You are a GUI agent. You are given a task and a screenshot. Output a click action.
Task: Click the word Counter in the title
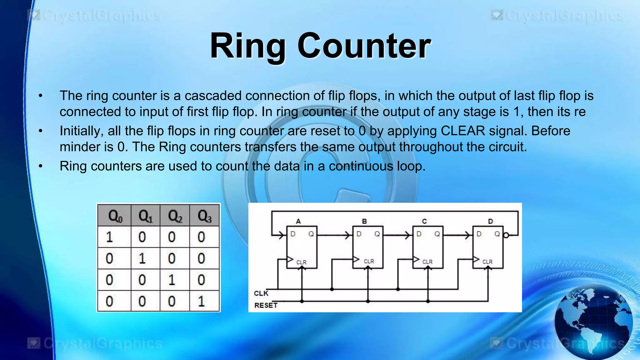tap(364, 46)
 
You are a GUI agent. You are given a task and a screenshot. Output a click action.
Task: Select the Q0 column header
tap(115, 216)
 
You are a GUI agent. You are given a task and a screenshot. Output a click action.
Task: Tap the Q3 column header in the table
tap(204, 216)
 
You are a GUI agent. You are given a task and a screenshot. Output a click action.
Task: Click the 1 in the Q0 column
tap(109, 237)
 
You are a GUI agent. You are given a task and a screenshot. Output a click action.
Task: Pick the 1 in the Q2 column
tap(172, 280)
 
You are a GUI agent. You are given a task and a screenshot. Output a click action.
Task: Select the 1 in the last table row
tap(201, 301)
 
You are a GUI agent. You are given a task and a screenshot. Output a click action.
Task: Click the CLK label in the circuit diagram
tap(261, 293)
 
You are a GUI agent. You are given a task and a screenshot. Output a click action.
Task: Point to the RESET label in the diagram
tap(266, 305)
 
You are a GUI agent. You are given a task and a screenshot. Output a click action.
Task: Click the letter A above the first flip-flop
tap(298, 221)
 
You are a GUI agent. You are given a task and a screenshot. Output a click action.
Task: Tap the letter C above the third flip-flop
tap(424, 221)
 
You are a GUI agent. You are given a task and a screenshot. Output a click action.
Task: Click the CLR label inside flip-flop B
tap(369, 261)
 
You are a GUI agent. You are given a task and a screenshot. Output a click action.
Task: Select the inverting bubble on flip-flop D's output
tap(506, 235)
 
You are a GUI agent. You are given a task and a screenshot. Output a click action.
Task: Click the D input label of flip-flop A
tap(293, 234)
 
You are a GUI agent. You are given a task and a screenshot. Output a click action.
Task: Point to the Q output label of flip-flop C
tap(437, 234)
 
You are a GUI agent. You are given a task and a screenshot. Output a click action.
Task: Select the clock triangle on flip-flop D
tap(476, 259)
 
